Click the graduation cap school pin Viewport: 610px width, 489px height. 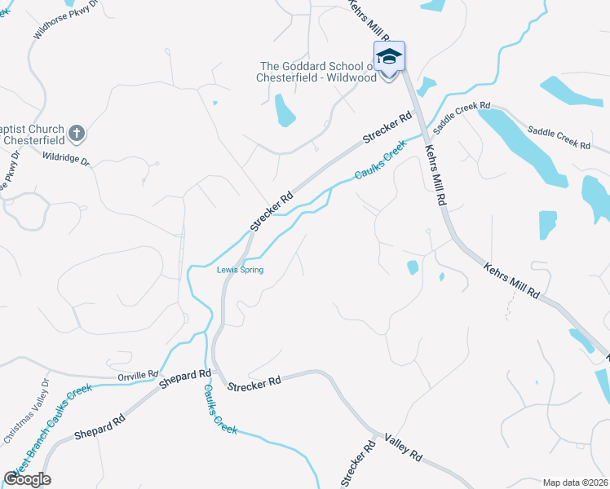[389, 58]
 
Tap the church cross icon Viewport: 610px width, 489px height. [76, 132]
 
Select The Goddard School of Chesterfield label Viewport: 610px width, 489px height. [318, 72]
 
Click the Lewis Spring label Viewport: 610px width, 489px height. [240, 270]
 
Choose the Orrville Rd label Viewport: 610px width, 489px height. [137, 375]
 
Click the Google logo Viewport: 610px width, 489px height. [27, 478]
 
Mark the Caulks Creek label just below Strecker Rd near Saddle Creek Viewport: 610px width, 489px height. [379, 161]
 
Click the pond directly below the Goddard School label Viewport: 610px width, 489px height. [285, 111]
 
